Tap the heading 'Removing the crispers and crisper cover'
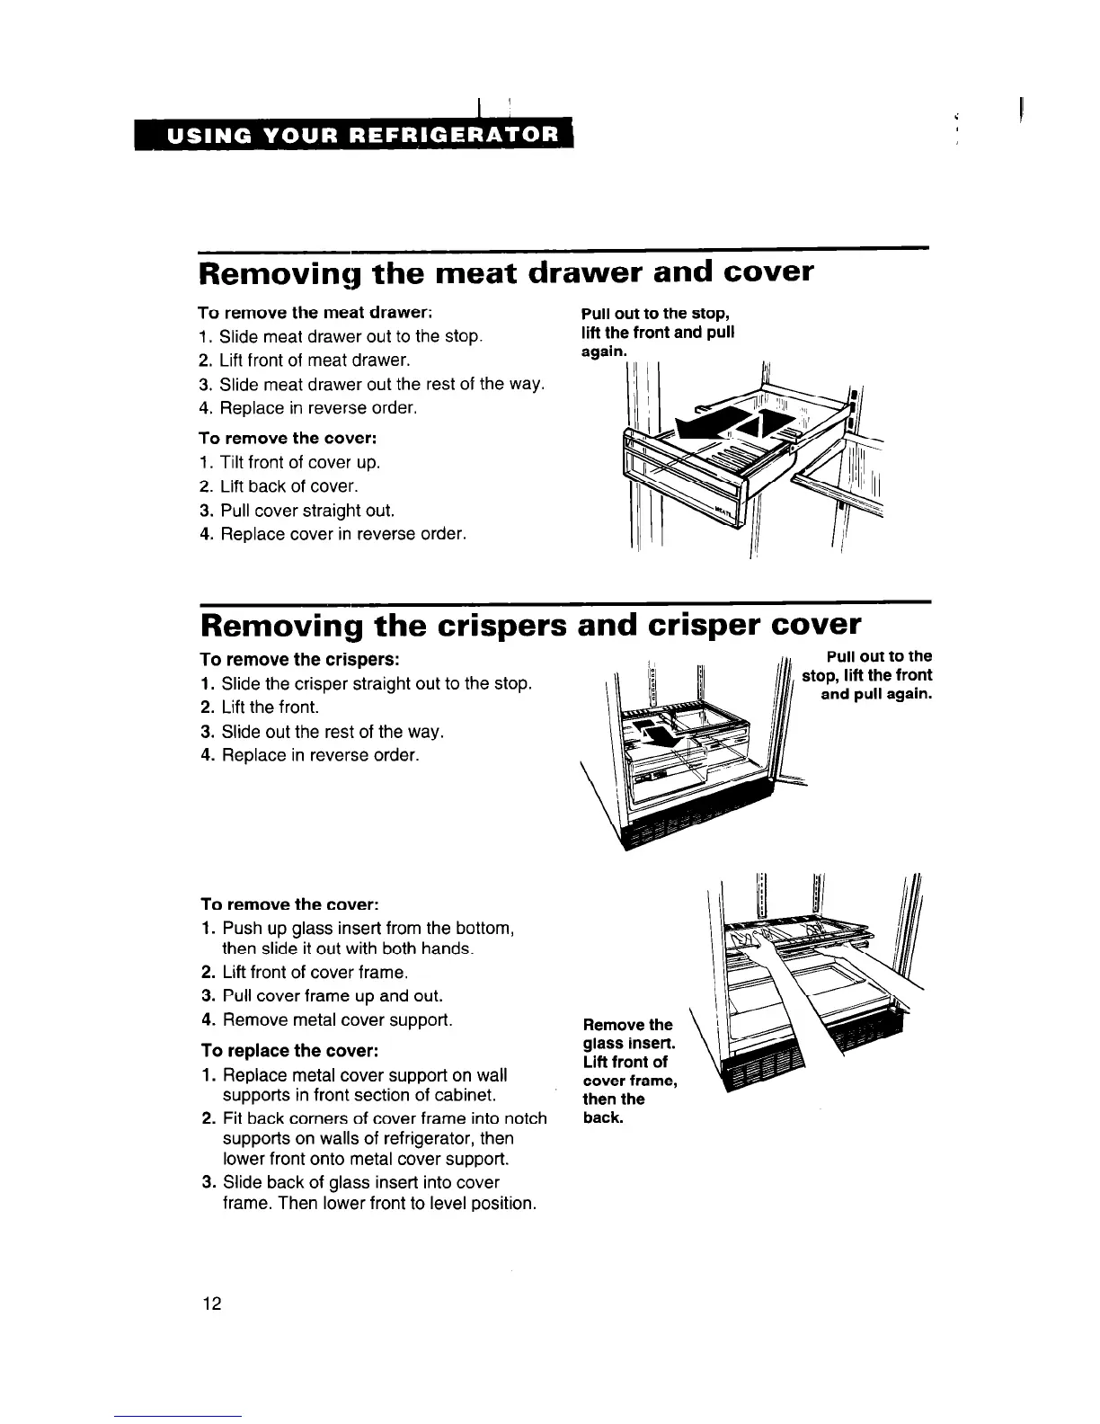click(x=530, y=624)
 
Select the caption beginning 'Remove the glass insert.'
click(x=628, y=1071)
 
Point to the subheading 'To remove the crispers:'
click(x=300, y=659)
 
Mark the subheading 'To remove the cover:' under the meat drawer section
click(x=287, y=439)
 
